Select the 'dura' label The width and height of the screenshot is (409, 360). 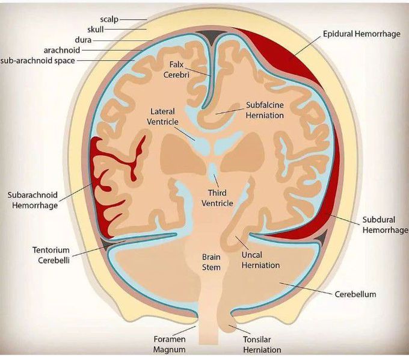pyautogui.click(x=84, y=40)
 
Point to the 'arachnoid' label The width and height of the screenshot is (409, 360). pyautogui.click(x=62, y=50)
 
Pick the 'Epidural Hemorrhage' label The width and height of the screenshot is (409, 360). pyautogui.click(x=361, y=34)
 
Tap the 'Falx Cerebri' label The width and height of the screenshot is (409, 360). pyautogui.click(x=176, y=70)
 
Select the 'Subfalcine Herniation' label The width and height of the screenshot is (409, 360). pyautogui.click(x=265, y=110)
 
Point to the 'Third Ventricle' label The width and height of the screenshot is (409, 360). pyautogui.click(x=217, y=198)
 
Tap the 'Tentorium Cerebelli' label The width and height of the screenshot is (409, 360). pyautogui.click(x=52, y=254)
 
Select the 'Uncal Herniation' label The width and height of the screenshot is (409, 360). pyautogui.click(x=259, y=260)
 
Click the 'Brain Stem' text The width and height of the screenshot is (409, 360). pyautogui.click(x=211, y=262)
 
